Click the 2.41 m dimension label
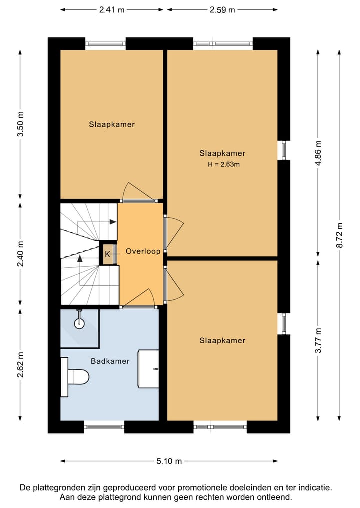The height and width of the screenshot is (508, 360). tap(112, 10)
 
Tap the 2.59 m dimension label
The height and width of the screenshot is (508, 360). tap(222, 10)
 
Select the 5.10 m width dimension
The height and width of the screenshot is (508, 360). tap(169, 461)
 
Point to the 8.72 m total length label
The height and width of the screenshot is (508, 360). tap(339, 236)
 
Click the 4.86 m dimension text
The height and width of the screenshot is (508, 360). tap(318, 153)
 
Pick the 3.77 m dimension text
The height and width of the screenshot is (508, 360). tap(318, 340)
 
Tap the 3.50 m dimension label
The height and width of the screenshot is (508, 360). tap(20, 124)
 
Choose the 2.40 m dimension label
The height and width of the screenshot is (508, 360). tap(20, 254)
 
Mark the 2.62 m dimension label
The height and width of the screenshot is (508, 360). tap(20, 365)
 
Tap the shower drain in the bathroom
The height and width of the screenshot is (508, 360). tap(79, 323)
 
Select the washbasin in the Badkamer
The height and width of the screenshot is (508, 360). tap(149, 368)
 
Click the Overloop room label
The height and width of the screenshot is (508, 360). tap(143, 251)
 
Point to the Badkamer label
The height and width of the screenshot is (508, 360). tap(110, 361)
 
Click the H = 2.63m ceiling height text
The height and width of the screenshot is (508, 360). tap(224, 164)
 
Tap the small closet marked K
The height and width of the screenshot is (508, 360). tap(107, 254)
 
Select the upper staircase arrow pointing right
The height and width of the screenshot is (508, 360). tap(97, 222)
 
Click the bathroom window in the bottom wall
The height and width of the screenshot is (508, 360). tap(104, 427)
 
